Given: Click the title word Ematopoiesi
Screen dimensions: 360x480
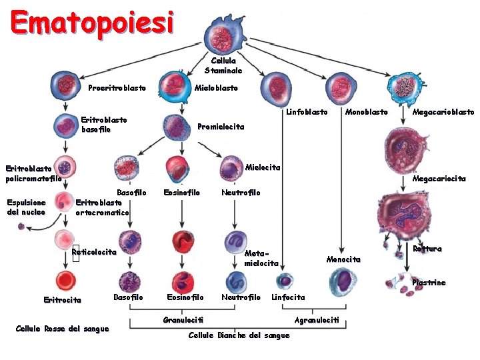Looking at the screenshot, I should click(93, 23).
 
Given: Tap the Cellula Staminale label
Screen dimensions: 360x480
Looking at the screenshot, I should click(223, 65).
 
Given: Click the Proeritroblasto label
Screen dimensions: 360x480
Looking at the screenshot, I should click(117, 89).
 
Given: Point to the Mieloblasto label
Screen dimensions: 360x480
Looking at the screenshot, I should click(215, 88).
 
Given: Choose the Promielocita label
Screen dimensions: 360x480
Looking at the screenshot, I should click(221, 127).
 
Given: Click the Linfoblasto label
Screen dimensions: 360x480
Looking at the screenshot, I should click(307, 112).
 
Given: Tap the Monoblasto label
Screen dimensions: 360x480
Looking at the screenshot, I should click(366, 112).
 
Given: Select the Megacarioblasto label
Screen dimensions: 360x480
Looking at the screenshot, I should click(443, 112).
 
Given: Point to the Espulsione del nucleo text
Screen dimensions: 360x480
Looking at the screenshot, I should click(26, 207).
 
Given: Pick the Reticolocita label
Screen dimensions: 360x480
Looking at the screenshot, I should click(94, 253).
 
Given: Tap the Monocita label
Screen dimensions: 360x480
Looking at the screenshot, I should click(343, 259).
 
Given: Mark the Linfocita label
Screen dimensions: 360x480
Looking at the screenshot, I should click(288, 297).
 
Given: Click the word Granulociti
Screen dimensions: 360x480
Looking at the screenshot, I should click(179, 321).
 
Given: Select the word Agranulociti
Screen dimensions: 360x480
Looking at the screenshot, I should click(317, 321).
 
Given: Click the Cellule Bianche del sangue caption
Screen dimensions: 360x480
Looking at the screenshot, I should click(239, 335).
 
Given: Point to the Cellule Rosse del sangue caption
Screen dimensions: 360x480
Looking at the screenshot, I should click(62, 329).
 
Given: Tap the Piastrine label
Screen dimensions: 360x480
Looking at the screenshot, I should click(429, 283).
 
